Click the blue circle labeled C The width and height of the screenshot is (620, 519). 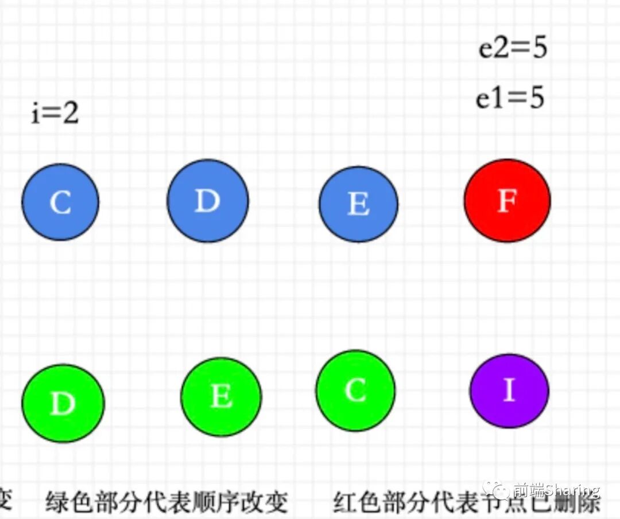tap(60, 202)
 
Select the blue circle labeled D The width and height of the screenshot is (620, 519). tap(208, 201)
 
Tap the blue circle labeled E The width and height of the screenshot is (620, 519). tap(358, 204)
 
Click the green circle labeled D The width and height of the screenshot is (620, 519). tap(63, 403)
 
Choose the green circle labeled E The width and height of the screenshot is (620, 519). tap(221, 396)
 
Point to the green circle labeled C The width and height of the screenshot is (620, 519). tap(355, 391)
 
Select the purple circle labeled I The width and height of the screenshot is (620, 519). tap(509, 391)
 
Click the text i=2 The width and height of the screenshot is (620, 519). tap(55, 114)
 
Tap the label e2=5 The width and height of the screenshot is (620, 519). tap(513, 48)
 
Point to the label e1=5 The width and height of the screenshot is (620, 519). tap(510, 99)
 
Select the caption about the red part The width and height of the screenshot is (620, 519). tap(466, 503)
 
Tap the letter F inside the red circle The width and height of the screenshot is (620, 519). tap(507, 201)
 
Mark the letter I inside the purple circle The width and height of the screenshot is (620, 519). tap(509, 390)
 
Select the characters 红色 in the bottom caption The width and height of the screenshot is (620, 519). tap(356, 503)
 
